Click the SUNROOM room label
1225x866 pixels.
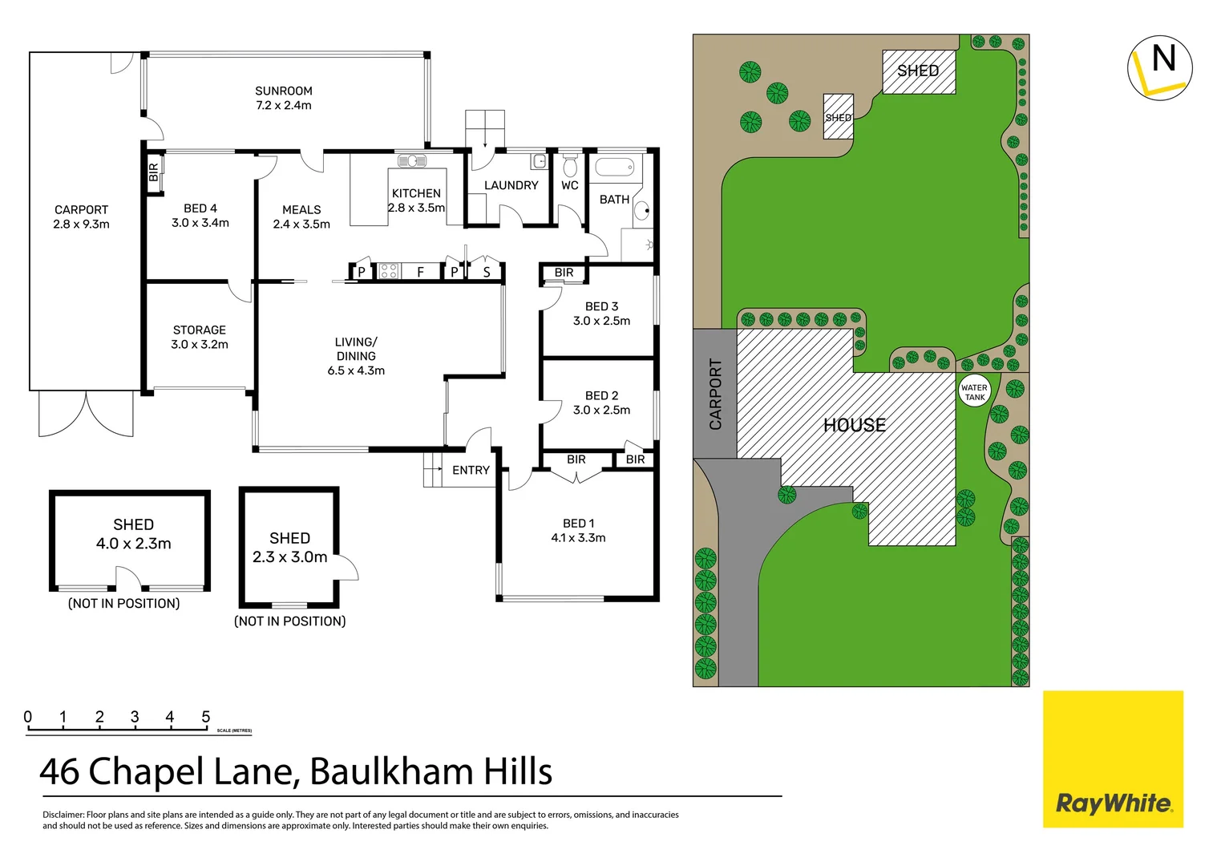[284, 91]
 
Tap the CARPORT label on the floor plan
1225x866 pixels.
[81, 210]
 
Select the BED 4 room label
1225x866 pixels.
[200, 208]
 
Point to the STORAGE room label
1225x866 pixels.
[200, 330]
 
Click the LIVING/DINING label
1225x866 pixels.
[356, 349]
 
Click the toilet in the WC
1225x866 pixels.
[570, 167]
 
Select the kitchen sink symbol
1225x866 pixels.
[411, 161]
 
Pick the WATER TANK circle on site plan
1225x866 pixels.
[975, 391]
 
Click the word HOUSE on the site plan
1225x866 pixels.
[855, 425]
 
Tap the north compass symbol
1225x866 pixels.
[1160, 68]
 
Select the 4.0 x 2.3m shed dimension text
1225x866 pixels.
[134, 544]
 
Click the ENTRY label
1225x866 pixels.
[471, 471]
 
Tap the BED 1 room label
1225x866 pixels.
[579, 524]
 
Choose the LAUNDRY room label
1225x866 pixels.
[511, 186]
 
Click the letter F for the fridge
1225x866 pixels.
[420, 273]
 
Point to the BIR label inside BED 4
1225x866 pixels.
[154, 172]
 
